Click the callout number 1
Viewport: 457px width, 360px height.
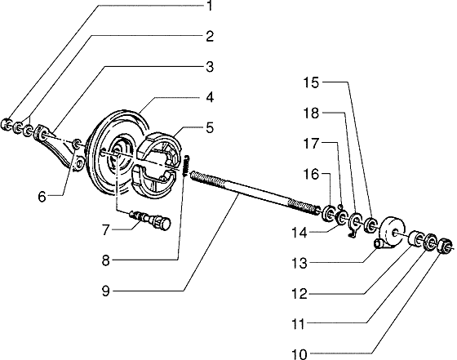coord(210,6)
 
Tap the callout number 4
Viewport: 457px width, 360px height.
coord(210,97)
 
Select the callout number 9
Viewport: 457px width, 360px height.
coord(106,291)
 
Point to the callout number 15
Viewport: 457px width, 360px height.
coord(311,82)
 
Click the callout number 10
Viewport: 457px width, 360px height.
coord(299,354)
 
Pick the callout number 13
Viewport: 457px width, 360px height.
coord(299,263)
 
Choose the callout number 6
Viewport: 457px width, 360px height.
coord(42,197)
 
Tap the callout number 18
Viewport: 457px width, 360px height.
coord(311,113)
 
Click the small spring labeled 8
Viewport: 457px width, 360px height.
coord(186,165)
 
